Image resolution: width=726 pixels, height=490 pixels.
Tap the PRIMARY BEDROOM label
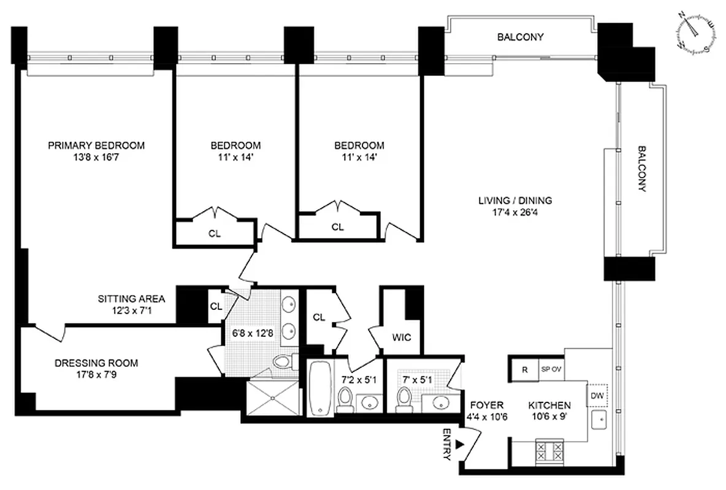[96, 145]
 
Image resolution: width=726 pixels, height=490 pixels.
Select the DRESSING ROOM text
[96, 363]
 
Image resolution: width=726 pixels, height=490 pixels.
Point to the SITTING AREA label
[131, 299]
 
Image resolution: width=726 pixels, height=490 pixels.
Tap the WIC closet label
[402, 337]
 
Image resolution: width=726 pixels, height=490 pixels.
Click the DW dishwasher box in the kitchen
[597, 395]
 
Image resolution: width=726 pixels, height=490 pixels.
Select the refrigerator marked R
[524, 370]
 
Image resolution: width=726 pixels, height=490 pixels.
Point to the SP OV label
[551, 370]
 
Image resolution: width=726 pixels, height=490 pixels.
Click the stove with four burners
[550, 451]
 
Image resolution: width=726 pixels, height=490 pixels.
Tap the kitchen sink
[598, 422]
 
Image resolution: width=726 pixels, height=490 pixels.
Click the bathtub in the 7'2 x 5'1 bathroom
[319, 388]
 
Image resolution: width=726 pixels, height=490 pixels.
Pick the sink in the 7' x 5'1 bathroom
[441, 402]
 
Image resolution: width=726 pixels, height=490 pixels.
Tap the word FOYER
[487, 405]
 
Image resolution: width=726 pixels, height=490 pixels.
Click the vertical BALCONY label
[641, 168]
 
